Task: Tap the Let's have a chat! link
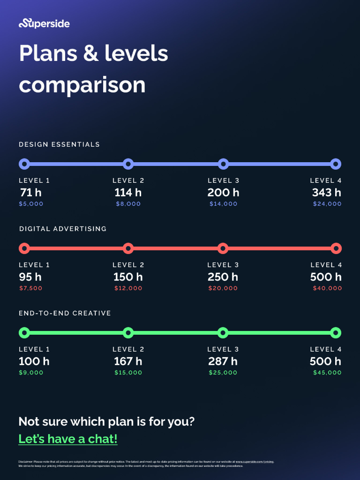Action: click(68, 439)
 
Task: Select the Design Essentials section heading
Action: click(59, 144)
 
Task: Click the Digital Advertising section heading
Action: click(63, 229)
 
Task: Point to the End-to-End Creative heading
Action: click(65, 313)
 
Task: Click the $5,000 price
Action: click(31, 204)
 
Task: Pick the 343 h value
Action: click(327, 192)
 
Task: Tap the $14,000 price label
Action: click(224, 204)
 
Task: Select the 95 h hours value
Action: click(30, 277)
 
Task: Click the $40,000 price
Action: click(327, 288)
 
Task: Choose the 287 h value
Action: click(223, 361)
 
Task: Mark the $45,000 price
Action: click(327, 373)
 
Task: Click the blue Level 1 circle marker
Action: click(24, 164)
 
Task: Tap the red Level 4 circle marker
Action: click(336, 248)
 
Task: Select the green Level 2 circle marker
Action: click(128, 333)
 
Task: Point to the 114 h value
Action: click(128, 192)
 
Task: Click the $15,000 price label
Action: click(128, 373)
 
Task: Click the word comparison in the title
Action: click(82, 85)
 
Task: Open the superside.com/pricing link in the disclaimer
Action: click(255, 462)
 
